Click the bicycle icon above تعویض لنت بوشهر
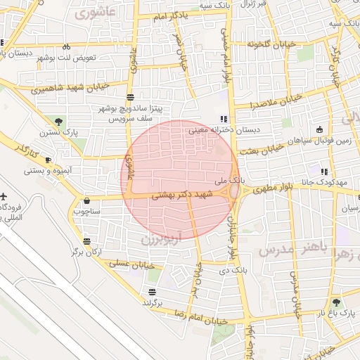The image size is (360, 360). [x=66, y=46]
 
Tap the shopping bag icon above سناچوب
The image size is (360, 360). [x=86, y=200]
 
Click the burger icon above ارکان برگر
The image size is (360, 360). [x=86, y=240]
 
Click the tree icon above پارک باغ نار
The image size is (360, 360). [x=335, y=301]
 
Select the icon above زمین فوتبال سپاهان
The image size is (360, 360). [x=320, y=129]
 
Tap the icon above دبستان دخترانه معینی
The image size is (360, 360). [x=224, y=119]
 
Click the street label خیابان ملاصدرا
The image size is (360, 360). [x=278, y=101]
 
